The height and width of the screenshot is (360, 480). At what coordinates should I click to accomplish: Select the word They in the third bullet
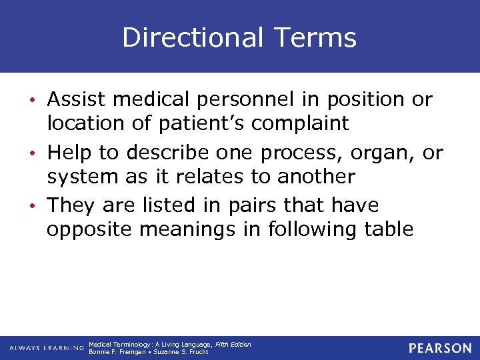point(71,205)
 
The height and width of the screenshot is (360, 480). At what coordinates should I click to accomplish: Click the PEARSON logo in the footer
point(440,348)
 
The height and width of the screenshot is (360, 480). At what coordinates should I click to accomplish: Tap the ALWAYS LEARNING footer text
point(47,348)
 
